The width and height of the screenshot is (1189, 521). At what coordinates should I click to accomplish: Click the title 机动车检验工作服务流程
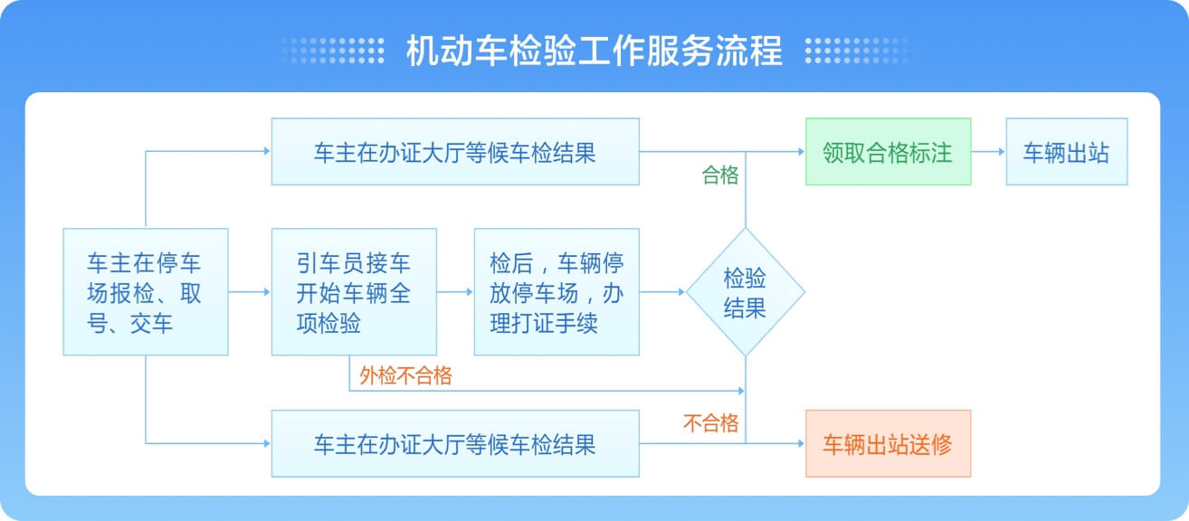point(594,51)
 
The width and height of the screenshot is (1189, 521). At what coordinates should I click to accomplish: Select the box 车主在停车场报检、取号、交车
point(145,291)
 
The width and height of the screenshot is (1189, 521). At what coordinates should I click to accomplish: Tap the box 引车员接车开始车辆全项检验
point(354,291)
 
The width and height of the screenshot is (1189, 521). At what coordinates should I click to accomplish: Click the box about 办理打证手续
point(556,291)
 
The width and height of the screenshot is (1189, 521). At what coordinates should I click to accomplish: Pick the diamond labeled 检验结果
point(745,292)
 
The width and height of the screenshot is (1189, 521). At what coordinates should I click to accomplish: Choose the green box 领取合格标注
point(888,152)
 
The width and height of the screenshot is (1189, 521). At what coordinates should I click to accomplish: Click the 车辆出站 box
point(1066,152)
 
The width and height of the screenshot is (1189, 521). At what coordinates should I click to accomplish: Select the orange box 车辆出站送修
point(888,443)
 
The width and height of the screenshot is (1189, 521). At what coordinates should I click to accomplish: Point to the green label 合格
point(720,176)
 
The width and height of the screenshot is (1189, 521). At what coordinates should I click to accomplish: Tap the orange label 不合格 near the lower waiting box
point(711,422)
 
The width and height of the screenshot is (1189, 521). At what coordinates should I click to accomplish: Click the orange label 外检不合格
point(405,376)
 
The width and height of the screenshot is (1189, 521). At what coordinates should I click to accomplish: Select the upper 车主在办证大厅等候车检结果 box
point(455,152)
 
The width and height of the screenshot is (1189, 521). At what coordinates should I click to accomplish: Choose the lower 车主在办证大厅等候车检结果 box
point(455,443)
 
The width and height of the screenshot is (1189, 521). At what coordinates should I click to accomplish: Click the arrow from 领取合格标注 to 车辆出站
point(988,152)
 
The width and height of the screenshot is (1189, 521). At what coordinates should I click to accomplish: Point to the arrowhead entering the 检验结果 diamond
point(680,292)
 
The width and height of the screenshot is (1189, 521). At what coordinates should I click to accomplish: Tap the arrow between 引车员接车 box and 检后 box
point(455,292)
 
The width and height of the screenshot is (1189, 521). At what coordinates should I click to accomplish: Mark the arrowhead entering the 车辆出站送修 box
point(800,443)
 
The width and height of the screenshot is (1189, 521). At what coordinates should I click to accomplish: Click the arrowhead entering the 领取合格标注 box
point(800,152)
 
